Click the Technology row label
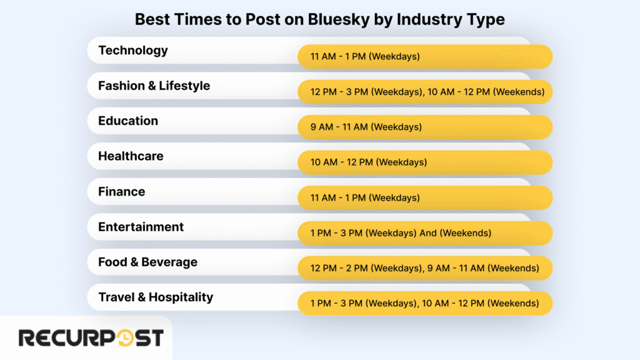133,51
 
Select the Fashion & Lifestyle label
154,86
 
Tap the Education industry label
128,121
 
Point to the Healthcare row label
131,156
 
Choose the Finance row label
121,191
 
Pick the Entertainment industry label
141,227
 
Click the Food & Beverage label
147,262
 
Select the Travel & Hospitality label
156,297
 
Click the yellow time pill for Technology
425,56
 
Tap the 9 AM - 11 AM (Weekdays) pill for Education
425,127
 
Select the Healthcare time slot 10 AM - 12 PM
425,162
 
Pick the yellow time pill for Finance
425,197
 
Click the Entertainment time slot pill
425,233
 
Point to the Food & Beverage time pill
425,268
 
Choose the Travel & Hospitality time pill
425,303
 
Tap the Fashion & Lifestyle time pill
425,92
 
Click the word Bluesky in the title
336,19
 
